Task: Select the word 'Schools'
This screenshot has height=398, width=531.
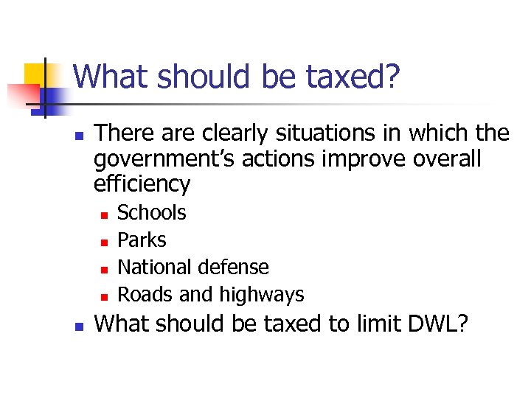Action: (152, 213)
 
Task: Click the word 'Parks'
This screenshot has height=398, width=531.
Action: (142, 240)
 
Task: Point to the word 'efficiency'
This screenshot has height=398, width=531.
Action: (142, 184)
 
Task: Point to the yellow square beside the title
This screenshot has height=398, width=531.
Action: (35, 74)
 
